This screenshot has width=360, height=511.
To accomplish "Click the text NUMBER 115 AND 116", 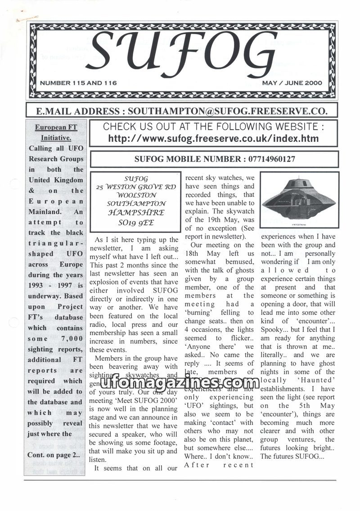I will pos(78,83).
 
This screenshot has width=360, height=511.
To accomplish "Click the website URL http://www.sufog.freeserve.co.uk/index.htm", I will pos(213,139).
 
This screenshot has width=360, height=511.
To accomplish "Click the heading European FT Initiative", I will pos(56,133).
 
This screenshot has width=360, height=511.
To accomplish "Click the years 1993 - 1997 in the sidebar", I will pos(49,286).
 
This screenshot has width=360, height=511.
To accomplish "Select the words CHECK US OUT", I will pos(133,127).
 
